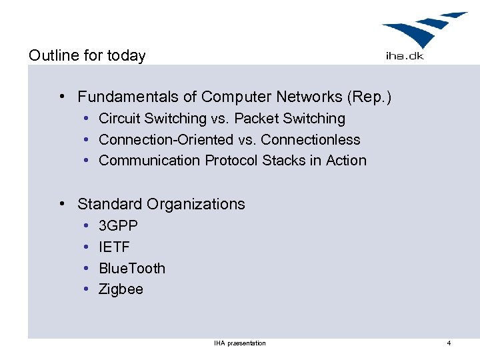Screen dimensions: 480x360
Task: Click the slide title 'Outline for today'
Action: click(x=87, y=55)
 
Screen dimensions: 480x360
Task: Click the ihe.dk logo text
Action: click(x=405, y=56)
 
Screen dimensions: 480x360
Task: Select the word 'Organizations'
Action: click(x=196, y=204)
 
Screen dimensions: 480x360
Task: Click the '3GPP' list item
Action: click(x=118, y=226)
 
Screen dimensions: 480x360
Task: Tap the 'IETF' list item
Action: click(x=114, y=247)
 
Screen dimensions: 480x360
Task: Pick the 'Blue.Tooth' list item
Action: click(x=132, y=269)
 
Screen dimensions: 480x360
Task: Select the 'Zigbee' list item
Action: click(x=121, y=289)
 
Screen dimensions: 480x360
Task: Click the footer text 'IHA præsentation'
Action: click(x=240, y=343)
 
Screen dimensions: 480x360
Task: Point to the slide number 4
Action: click(x=449, y=343)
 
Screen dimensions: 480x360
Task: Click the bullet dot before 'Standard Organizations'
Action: click(x=61, y=203)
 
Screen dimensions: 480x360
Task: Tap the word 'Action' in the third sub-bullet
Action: click(x=346, y=161)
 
